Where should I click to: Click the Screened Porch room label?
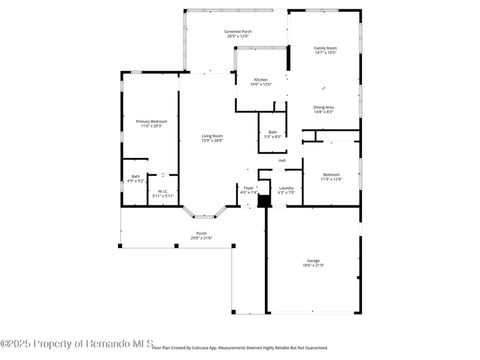pyautogui.click(x=238, y=32)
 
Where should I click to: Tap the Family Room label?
pyautogui.click(x=325, y=48)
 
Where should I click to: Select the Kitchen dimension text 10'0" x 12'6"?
pyautogui.click(x=261, y=84)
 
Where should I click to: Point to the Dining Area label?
pyautogui.click(x=323, y=108)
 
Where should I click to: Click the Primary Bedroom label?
pyautogui.click(x=152, y=121)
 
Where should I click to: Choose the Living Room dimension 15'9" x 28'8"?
pyautogui.click(x=212, y=141)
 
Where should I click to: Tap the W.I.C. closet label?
pyautogui.click(x=163, y=192)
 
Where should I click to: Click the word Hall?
pyautogui.click(x=282, y=160)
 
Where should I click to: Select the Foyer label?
pyautogui.click(x=249, y=188)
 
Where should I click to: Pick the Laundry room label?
pyautogui.click(x=286, y=188)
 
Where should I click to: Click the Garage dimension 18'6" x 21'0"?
pyautogui.click(x=313, y=265)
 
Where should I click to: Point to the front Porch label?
pyautogui.click(x=201, y=233)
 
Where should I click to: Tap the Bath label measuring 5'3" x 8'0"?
pyautogui.click(x=273, y=132)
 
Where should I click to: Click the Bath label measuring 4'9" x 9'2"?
pyautogui.click(x=136, y=176)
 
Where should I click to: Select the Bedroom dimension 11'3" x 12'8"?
pyautogui.click(x=331, y=179)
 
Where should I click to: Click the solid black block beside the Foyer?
pyautogui.click(x=264, y=201)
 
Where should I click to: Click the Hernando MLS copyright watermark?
pyautogui.click(x=76, y=344)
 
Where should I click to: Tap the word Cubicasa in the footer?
pyautogui.click(x=200, y=348)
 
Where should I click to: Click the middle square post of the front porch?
pyautogui.click(x=176, y=245)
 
